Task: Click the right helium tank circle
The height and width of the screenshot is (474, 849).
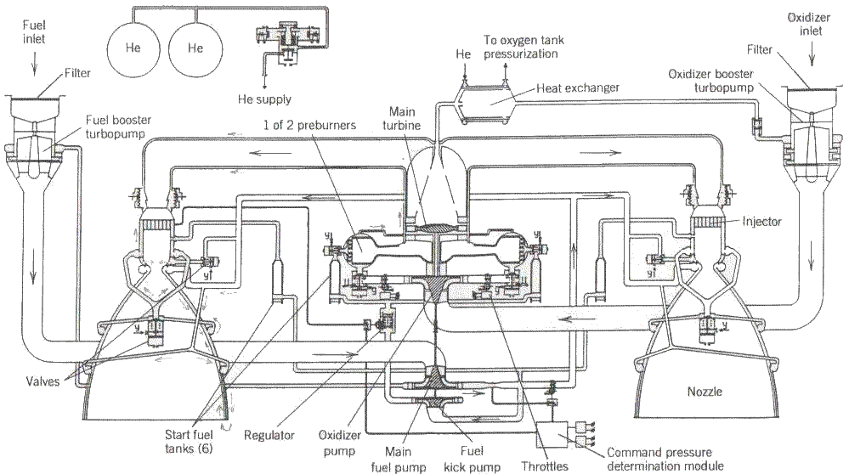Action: tap(195, 48)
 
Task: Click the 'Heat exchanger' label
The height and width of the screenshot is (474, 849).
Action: tap(579, 87)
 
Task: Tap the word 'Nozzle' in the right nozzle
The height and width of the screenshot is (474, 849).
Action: tap(705, 392)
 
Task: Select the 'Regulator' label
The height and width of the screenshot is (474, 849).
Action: tap(269, 435)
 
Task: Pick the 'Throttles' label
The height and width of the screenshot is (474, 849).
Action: tap(545, 465)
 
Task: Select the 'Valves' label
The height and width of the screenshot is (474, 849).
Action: tap(42, 381)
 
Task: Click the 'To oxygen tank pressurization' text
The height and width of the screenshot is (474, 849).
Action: tap(521, 47)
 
